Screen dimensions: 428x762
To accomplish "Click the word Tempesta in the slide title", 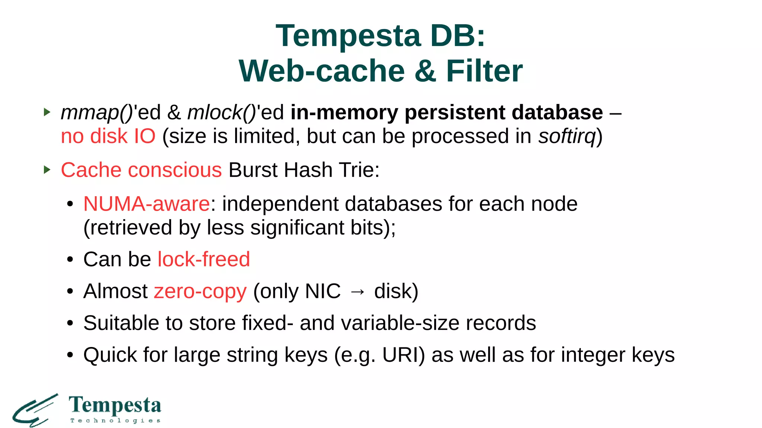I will [x=348, y=36].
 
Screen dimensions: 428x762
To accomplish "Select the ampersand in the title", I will [x=425, y=71].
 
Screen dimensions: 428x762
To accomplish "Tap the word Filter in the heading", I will [x=484, y=71].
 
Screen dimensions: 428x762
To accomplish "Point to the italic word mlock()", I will [x=222, y=112].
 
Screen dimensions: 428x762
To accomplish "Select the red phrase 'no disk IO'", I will [x=108, y=136].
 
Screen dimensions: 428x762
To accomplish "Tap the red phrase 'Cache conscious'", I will [x=141, y=170].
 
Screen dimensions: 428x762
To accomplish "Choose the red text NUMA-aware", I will [x=147, y=204].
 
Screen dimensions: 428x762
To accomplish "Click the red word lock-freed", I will [x=204, y=259].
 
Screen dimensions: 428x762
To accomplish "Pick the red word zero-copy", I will [x=200, y=291].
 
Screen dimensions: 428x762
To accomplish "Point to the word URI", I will [x=403, y=355].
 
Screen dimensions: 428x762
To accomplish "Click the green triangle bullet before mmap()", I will [x=47, y=112].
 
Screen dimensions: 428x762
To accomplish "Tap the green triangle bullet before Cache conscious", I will [x=47, y=170].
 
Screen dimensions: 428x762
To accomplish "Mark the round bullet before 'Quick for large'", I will [x=70, y=355].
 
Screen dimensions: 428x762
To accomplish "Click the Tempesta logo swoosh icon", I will [x=35, y=410].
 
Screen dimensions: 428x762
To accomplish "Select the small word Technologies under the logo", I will [x=115, y=421].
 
